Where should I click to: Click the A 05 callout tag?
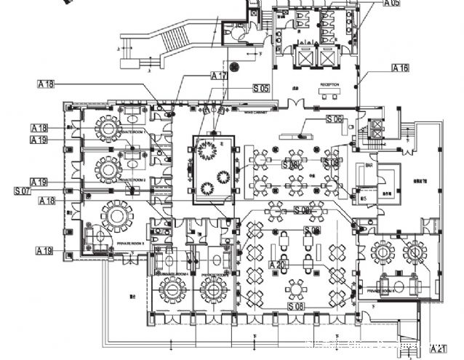(392, 3)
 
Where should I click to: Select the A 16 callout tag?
(400, 68)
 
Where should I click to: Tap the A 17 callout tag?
(219, 76)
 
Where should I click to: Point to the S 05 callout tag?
(261, 88)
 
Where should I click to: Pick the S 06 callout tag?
(335, 119)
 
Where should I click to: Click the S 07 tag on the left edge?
(23, 191)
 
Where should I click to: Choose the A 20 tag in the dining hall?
(276, 265)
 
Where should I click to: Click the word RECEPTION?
(329, 85)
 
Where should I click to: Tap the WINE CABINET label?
(255, 112)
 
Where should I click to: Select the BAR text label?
(369, 165)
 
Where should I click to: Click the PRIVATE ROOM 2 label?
(133, 178)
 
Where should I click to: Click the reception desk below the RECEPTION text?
(331, 95)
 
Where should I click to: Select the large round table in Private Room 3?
(116, 215)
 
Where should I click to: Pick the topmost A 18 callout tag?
(46, 84)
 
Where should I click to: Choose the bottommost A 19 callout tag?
(45, 250)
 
